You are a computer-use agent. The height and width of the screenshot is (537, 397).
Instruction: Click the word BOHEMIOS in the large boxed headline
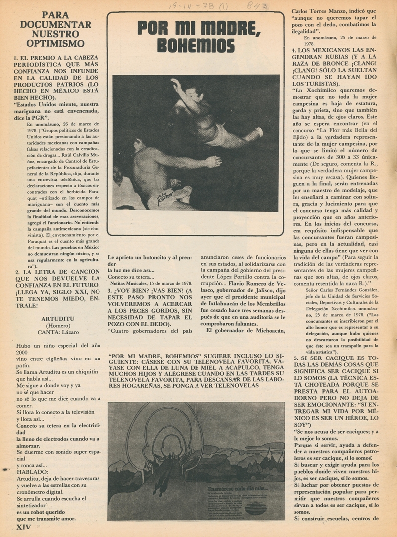pyautogui.click(x=196, y=46)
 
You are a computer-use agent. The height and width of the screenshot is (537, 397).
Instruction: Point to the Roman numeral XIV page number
pyautogui.click(x=23, y=527)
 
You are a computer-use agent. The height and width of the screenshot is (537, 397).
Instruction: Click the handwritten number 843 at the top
pyautogui.click(x=257, y=6)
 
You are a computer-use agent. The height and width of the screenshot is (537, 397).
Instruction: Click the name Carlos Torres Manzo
pyautogui.click(x=318, y=10)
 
